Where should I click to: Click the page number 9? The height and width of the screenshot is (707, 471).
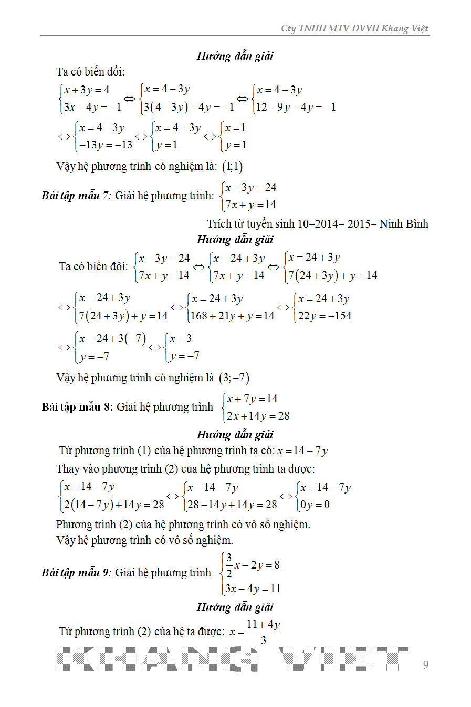coord(426,665)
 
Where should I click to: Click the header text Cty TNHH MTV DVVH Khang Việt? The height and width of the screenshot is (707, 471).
coord(354,28)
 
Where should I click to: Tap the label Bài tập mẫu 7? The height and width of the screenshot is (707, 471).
coord(76,196)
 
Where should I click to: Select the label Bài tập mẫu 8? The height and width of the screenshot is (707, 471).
coord(77,407)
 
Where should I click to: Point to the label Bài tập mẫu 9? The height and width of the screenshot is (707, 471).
coord(76,573)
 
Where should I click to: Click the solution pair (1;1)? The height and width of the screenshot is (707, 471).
coord(232,167)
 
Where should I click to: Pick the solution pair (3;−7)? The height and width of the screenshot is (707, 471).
coord(234,378)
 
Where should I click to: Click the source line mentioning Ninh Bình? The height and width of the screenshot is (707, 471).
coord(318,224)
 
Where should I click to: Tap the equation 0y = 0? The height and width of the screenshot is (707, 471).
coord(315,505)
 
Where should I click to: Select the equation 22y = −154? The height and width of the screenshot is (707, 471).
coord(325,316)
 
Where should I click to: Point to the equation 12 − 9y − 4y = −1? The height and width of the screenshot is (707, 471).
coord(296,107)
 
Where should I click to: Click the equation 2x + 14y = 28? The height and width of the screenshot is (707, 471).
coord(258,416)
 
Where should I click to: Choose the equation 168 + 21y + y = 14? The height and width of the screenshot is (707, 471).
coord(232,316)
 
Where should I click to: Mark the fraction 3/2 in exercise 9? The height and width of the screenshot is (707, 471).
coord(229,565)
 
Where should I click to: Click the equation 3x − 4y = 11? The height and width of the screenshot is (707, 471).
coord(253,588)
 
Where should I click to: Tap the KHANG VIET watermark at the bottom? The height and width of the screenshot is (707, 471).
coord(234,659)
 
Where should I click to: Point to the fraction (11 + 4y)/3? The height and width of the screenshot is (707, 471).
coord(263,631)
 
